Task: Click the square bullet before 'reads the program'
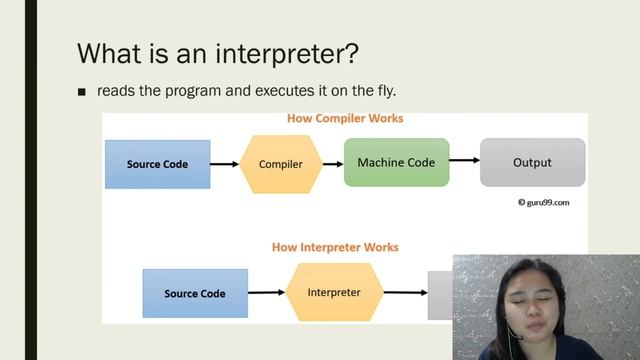pos(83,92)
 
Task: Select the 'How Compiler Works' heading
pos(345,119)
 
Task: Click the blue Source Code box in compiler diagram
pos(157,164)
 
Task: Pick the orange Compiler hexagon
pos(280,164)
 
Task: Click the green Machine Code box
pos(396,162)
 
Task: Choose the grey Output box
pos(531,162)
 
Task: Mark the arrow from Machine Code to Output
pos(463,160)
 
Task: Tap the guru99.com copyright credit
pos(543,202)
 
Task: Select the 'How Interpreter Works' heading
pos(335,247)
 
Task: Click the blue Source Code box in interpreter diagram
pos(195,293)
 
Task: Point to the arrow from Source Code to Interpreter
pos(266,293)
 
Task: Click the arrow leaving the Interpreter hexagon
pos(405,293)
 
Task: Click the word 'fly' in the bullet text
pos(397,91)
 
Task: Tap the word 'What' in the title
pos(109,52)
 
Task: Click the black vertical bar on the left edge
pos(31,180)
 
